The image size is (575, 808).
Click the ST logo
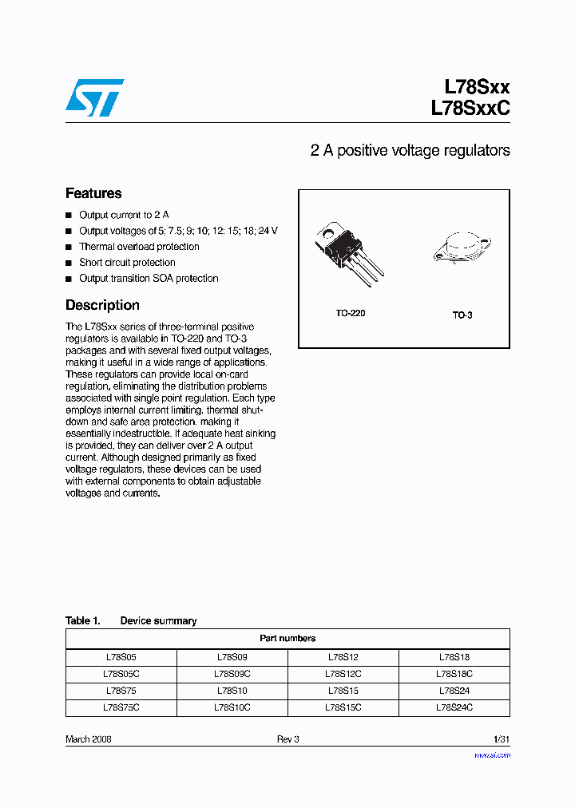(x=94, y=98)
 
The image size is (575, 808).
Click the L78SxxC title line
(x=470, y=109)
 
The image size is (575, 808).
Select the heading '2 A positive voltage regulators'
(x=410, y=151)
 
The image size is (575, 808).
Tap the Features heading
(x=93, y=193)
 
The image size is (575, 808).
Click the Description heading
(x=102, y=305)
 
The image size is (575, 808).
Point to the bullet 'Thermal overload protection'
(x=139, y=247)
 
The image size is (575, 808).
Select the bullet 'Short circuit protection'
(x=127, y=263)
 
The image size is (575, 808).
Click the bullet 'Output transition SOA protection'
(x=149, y=279)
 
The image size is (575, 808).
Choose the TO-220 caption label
(x=350, y=314)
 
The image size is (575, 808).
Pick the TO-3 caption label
(x=462, y=315)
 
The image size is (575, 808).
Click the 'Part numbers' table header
(x=287, y=639)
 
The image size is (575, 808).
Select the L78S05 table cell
(x=121, y=657)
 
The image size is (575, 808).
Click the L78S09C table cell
(x=232, y=674)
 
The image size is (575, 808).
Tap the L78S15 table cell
(x=343, y=691)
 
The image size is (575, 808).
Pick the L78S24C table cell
(x=454, y=707)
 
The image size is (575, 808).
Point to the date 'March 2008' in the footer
(x=88, y=739)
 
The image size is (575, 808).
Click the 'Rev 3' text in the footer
(x=287, y=739)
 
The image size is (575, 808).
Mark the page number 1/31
(x=501, y=739)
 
